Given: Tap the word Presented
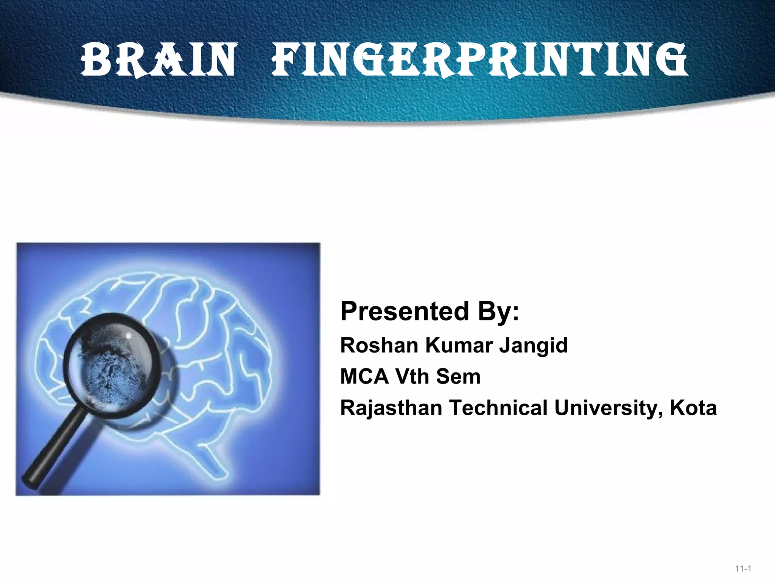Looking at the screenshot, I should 404,311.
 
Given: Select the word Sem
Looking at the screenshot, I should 458,376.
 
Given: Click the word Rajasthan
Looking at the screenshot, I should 391,408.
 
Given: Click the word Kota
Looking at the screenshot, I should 693,408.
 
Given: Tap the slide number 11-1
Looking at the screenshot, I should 743,569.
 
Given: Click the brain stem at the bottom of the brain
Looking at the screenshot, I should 212,460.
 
